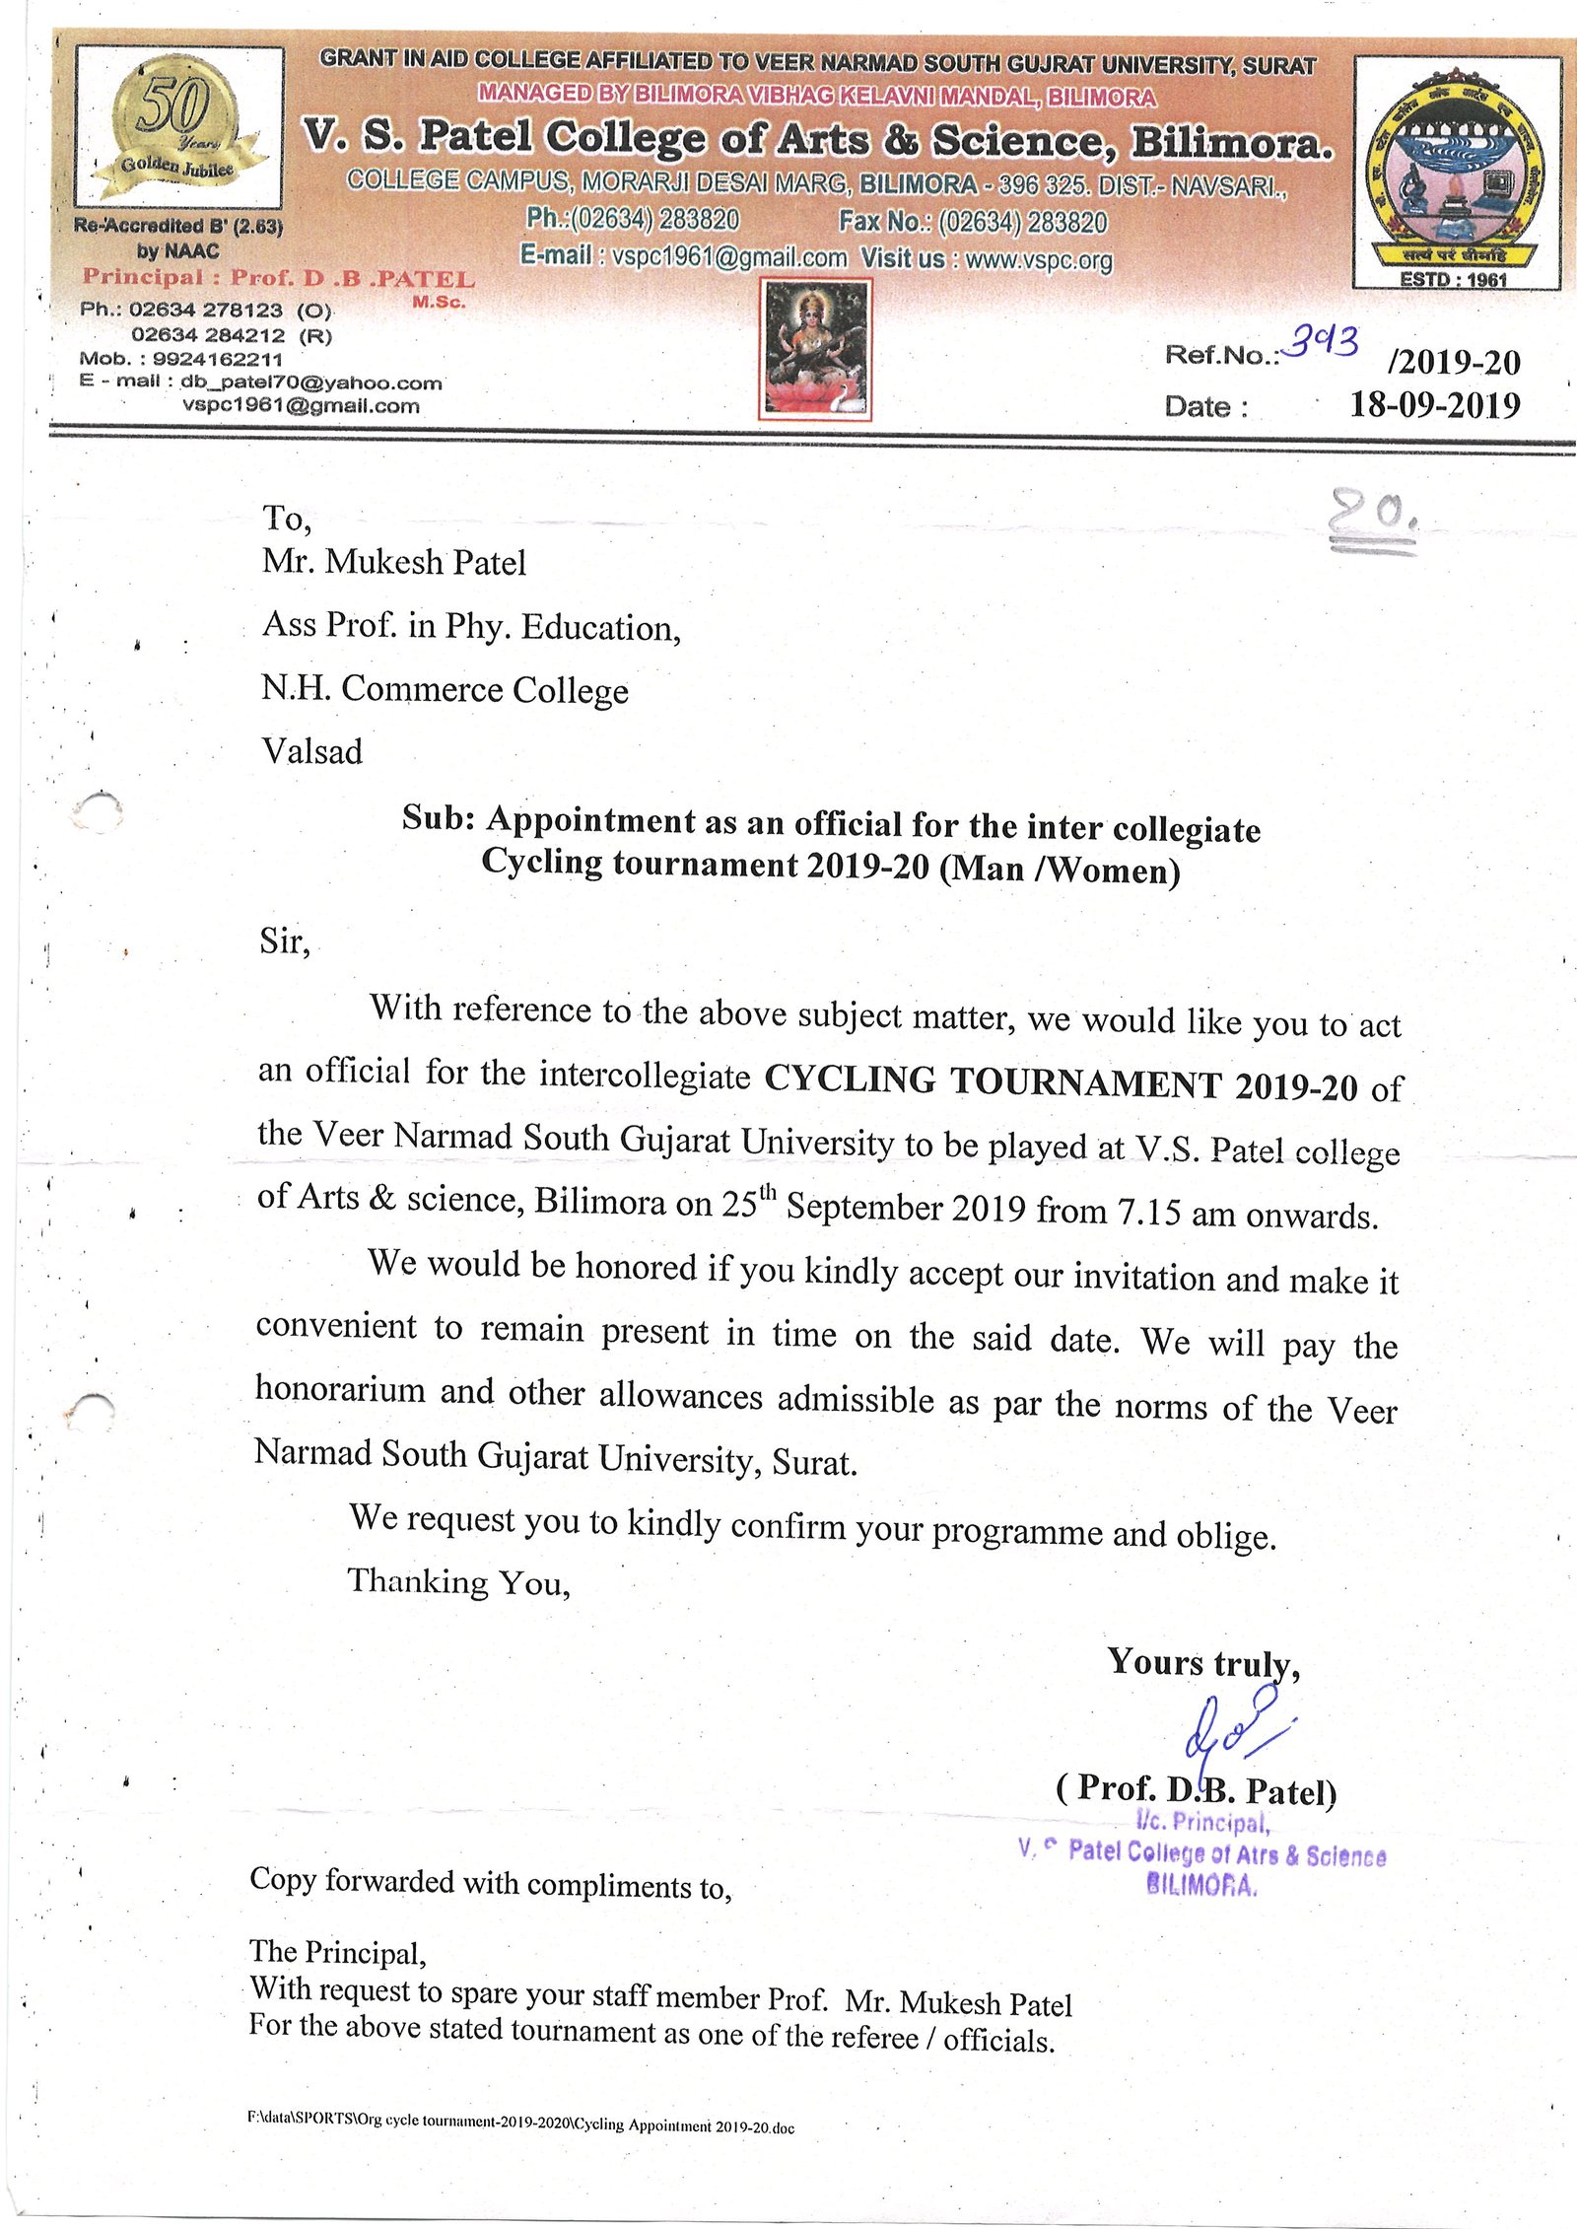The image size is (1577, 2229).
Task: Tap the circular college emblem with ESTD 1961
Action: pyautogui.click(x=1456, y=173)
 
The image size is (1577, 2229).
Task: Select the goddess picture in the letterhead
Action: pyautogui.click(x=815, y=349)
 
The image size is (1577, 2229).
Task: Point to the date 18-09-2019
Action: pyautogui.click(x=1434, y=405)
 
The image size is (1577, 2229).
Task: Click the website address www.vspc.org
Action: pyautogui.click(x=1039, y=260)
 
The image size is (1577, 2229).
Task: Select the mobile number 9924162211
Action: pyautogui.click(x=217, y=359)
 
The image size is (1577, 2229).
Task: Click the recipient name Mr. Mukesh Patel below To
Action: pyautogui.click(x=393, y=562)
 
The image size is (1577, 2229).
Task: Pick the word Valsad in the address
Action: pyautogui.click(x=311, y=751)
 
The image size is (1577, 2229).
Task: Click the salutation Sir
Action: pyautogui.click(x=284, y=941)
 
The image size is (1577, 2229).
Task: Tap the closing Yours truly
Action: pyautogui.click(x=1202, y=1662)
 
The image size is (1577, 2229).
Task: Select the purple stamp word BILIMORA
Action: pyautogui.click(x=1201, y=1885)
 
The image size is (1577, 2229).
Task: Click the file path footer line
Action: pyautogui.click(x=520, y=2122)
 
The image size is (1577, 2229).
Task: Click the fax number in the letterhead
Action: pyautogui.click(x=1022, y=222)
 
